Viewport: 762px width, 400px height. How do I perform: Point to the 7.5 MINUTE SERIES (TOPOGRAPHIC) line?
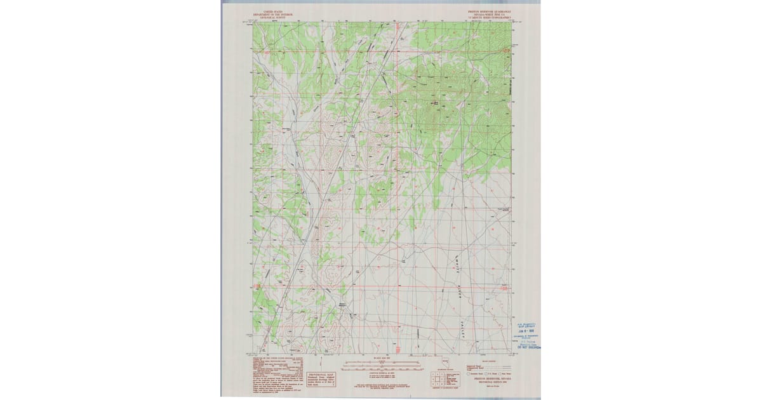click(486, 17)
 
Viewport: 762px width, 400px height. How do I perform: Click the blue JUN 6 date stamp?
click(525, 331)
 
